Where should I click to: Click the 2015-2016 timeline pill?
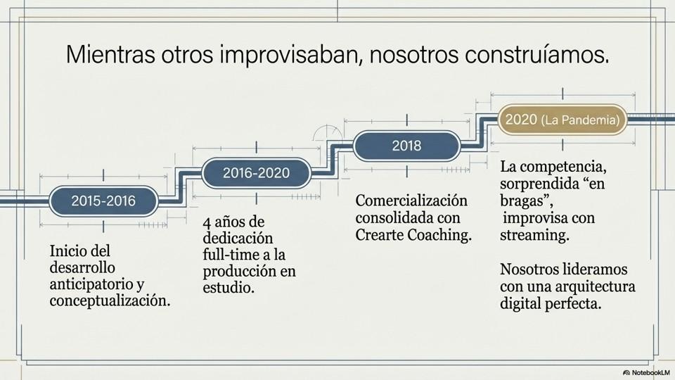tap(103, 201)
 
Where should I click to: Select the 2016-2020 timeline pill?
tap(256, 173)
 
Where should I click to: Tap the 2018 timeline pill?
tap(406, 146)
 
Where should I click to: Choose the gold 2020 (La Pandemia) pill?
tap(562, 120)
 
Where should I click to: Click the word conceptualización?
tap(110, 301)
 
